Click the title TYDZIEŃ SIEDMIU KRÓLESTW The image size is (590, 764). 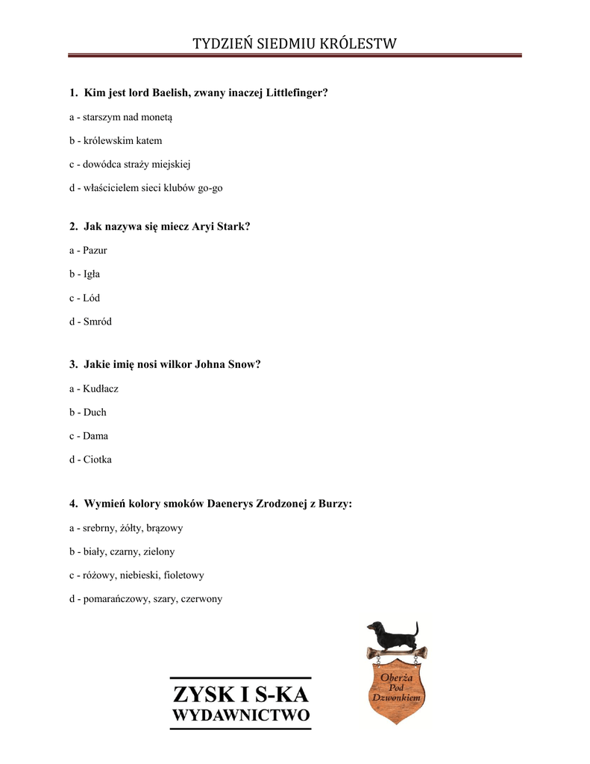pyautogui.click(x=295, y=44)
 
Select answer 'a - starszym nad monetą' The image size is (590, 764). pyautogui.click(x=121, y=117)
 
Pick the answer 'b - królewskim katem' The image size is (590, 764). pyautogui.click(x=116, y=140)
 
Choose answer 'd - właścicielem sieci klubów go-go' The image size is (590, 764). pyautogui.click(x=146, y=188)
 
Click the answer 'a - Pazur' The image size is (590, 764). pyautogui.click(x=88, y=250)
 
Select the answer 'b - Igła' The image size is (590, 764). pyautogui.click(x=84, y=274)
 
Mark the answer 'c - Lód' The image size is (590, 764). pyautogui.click(x=84, y=298)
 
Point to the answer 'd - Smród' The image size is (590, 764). pyautogui.click(x=90, y=322)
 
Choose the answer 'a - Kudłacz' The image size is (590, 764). pyautogui.click(x=94, y=389)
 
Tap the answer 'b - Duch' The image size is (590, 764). pyautogui.click(x=88, y=412)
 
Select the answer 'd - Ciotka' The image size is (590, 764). pyautogui.click(x=90, y=460)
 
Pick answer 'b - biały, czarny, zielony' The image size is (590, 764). pyautogui.click(x=122, y=551)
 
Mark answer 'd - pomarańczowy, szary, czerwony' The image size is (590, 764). pyautogui.click(x=145, y=598)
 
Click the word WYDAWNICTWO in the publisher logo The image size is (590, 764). pyautogui.click(x=240, y=716)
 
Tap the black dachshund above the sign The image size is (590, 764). pyautogui.click(x=392, y=635)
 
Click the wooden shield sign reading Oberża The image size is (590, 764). pyautogui.click(x=396, y=690)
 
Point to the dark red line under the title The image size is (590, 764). pyautogui.click(x=295, y=55)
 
